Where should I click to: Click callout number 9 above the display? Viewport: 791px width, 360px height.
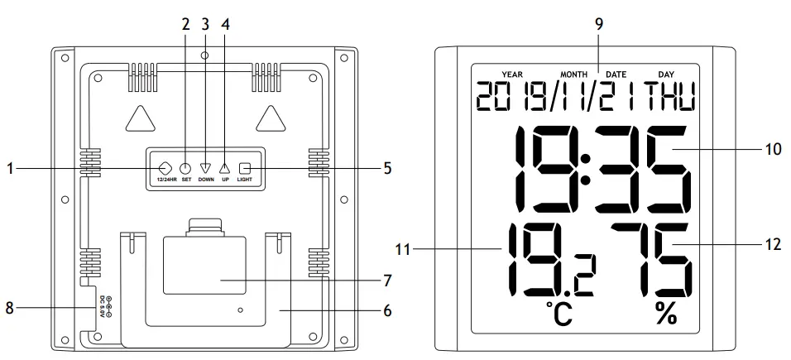pyautogui.click(x=598, y=23)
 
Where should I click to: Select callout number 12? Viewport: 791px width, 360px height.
pyautogui.click(x=773, y=245)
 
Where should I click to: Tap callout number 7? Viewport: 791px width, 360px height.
pyautogui.click(x=388, y=280)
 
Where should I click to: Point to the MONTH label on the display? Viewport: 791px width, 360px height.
pyautogui.click(x=573, y=74)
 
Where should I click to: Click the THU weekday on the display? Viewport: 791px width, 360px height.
pyautogui.click(x=671, y=97)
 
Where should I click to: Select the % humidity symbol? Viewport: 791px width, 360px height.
pyautogui.click(x=665, y=315)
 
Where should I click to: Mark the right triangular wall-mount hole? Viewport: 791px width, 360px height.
pyautogui.click(x=270, y=118)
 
